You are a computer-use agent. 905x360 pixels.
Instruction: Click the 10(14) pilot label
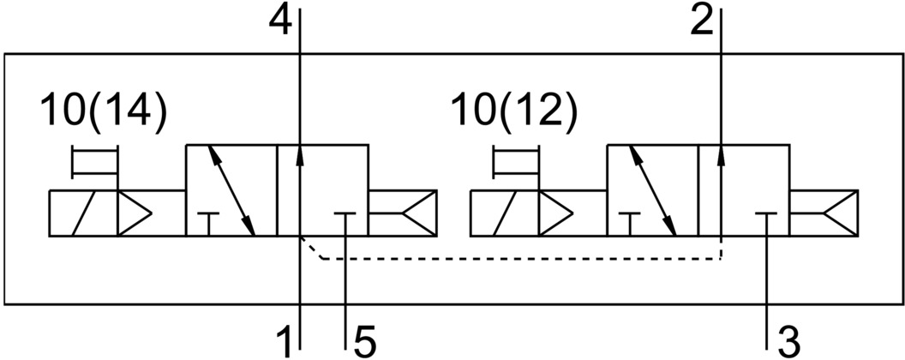(x=104, y=113)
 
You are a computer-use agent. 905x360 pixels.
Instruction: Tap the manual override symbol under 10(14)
(x=94, y=163)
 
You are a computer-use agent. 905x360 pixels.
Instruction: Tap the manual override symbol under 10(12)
(x=517, y=163)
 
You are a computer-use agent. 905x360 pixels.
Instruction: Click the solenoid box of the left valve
(x=82, y=213)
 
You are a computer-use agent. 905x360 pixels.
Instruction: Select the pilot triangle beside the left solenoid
(x=134, y=213)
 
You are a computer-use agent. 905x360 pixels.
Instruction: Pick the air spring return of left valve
(x=402, y=213)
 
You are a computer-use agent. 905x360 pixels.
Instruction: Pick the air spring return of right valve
(x=823, y=213)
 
